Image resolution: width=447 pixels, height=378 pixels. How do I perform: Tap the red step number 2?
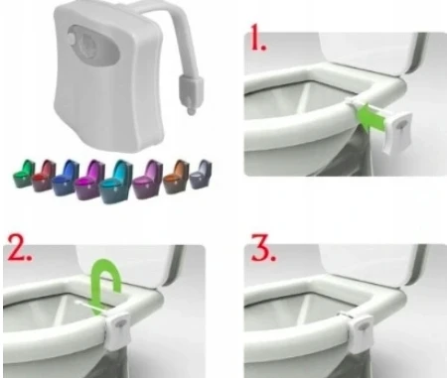(20, 248)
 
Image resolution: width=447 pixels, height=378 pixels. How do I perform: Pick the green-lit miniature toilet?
(24, 174)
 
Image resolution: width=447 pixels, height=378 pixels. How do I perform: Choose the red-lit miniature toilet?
(43, 176)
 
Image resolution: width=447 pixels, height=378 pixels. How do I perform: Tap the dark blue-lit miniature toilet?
(66, 178)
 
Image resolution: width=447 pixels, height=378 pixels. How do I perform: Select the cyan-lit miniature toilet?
(116, 182)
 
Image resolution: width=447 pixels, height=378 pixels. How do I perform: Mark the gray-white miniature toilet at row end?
(201, 175)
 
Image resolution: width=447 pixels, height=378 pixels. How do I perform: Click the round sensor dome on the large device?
(73, 38)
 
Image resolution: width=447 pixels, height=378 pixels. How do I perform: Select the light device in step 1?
(398, 132)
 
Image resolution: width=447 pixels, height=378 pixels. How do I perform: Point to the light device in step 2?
(118, 331)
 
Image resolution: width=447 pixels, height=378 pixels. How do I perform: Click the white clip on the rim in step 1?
(354, 103)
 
